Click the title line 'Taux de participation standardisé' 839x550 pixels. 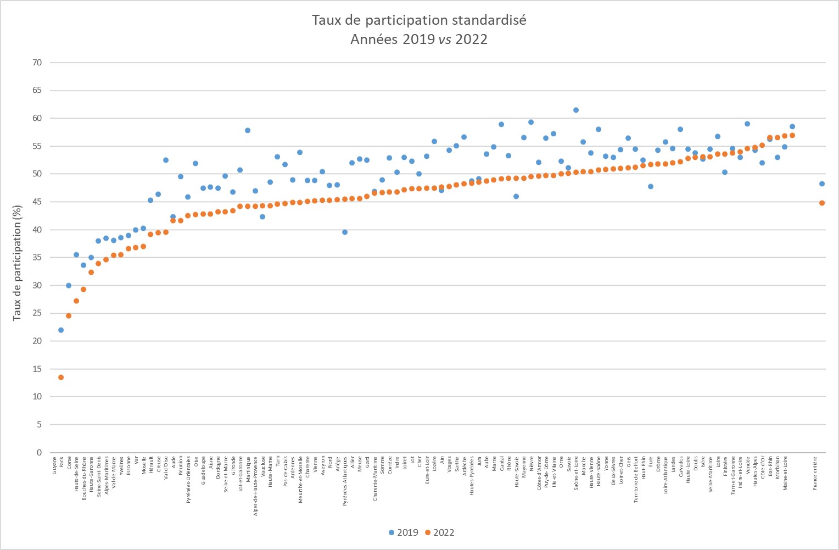(x=419, y=20)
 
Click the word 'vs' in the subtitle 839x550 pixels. (x=445, y=40)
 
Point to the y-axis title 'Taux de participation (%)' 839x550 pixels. (x=17, y=263)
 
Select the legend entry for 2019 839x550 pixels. (x=403, y=532)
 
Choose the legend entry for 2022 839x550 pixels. (x=439, y=532)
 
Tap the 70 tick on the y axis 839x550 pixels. (x=37, y=63)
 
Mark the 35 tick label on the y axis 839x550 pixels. (x=37, y=258)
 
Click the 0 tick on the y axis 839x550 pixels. (x=39, y=453)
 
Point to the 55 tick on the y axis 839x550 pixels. (x=37, y=146)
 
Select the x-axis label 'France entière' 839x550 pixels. (x=815, y=473)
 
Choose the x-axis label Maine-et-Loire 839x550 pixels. (x=785, y=473)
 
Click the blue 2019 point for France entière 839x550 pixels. (x=822, y=184)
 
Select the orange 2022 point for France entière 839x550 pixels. (x=822, y=203)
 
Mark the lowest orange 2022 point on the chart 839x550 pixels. (x=61, y=377)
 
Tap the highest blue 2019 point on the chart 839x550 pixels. (x=576, y=110)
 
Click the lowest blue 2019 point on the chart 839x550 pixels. (x=61, y=330)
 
